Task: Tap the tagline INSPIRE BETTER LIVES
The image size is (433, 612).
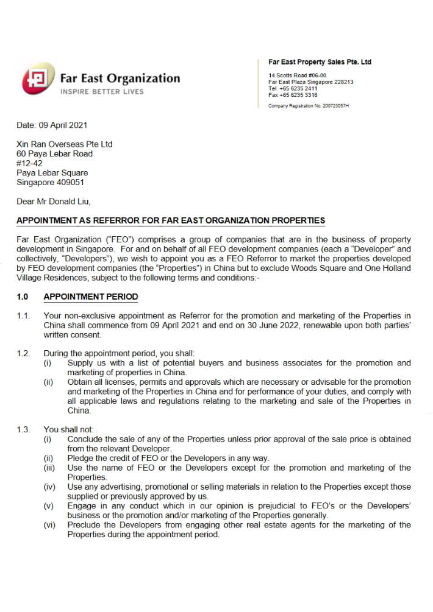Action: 102,92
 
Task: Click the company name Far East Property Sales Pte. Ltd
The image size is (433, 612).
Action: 320,62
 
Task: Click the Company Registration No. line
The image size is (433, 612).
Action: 308,106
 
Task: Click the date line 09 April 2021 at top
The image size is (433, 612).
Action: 52,125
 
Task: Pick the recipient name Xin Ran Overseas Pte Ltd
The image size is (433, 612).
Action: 65,144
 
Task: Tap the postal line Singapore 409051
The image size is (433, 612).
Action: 50,182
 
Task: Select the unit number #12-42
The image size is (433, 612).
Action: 30,163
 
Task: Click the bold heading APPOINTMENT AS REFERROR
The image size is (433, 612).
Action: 171,220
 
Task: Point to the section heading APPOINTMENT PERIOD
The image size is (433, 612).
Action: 91,297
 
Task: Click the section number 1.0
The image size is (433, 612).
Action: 23,297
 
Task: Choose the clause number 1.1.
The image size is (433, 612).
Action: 23,316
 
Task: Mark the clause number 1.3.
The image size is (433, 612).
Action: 23,430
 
